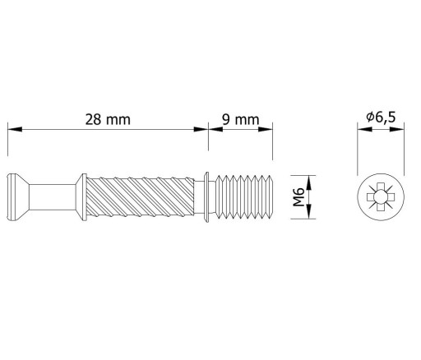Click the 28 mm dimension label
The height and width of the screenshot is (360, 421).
(x=108, y=120)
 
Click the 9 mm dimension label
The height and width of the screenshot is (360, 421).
(x=240, y=120)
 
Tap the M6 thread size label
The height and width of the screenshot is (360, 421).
(x=298, y=197)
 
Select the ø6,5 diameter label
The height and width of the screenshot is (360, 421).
(x=381, y=118)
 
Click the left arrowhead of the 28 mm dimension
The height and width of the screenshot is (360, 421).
(x=15, y=129)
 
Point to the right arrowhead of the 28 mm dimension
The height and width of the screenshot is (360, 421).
(x=201, y=129)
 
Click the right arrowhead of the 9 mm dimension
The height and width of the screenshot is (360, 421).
(x=266, y=129)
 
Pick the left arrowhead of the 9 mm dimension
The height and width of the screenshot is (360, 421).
(x=215, y=129)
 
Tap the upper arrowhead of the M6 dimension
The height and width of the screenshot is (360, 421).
(x=309, y=182)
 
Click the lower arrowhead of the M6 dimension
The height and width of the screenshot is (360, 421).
(x=309, y=211)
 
